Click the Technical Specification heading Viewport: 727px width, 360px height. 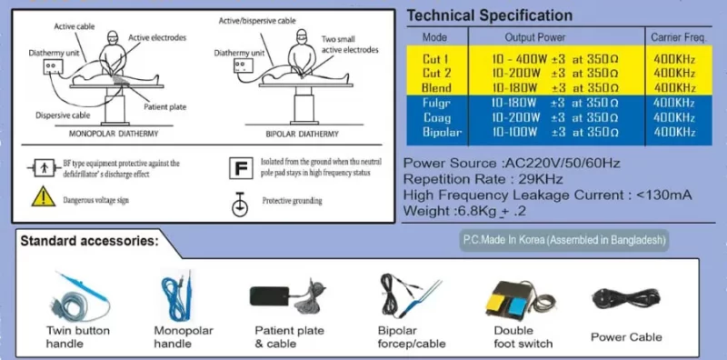pos(489,15)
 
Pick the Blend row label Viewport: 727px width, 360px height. pos(436,86)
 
